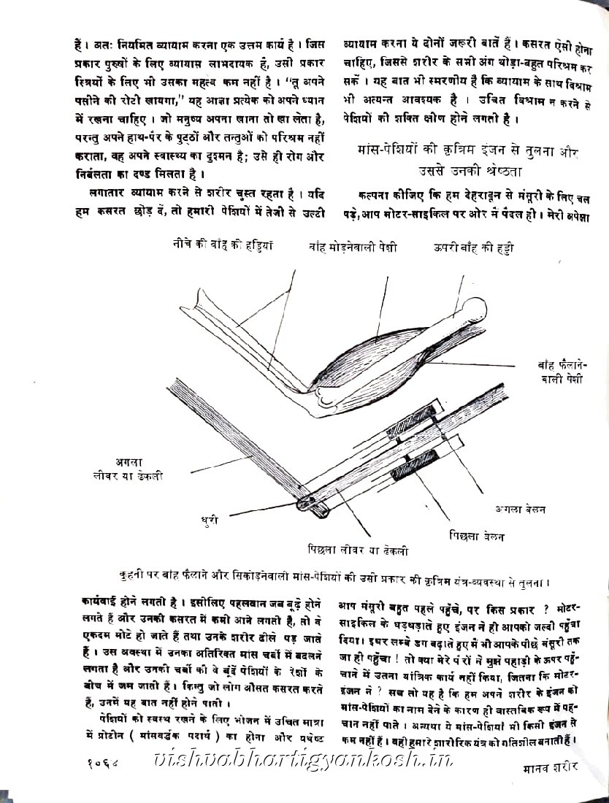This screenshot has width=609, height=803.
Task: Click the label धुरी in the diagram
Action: click(211, 521)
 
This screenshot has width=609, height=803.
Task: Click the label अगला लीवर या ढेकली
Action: click(139, 468)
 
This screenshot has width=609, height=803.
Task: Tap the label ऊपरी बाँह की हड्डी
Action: click(472, 247)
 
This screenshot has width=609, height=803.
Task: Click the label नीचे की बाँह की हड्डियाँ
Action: click(223, 246)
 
